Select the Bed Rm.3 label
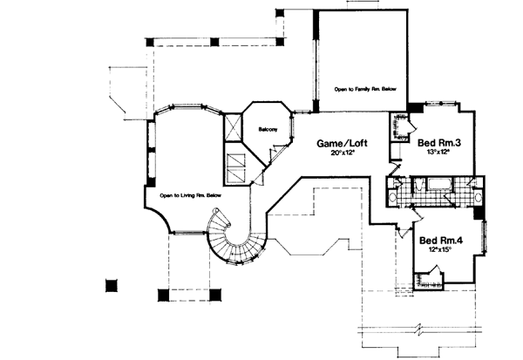click(438, 143)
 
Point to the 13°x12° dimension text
click(438, 153)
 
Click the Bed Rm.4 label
click(439, 241)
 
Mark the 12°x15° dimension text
click(439, 251)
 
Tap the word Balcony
click(268, 131)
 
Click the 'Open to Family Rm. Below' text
click(367, 89)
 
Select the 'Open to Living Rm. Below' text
click(191, 196)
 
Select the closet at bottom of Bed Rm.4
click(429, 282)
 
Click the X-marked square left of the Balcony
click(233, 128)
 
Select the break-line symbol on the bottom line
click(420, 332)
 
